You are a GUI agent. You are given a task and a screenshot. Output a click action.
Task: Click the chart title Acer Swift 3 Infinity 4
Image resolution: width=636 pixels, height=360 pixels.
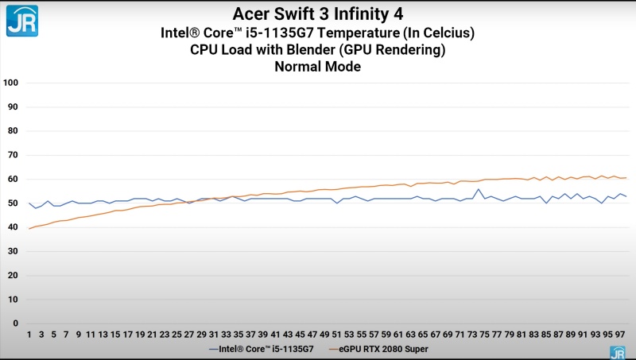pos(317,14)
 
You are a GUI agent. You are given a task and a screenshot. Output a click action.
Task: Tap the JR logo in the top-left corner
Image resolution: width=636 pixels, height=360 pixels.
pos(22,21)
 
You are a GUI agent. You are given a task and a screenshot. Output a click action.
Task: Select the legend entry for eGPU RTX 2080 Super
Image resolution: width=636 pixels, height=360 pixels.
pos(378,349)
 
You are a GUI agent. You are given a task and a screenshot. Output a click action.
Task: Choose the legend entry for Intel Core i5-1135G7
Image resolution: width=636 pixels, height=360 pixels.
pos(262,349)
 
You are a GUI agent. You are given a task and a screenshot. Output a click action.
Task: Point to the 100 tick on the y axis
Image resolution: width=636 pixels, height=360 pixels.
pos(10,83)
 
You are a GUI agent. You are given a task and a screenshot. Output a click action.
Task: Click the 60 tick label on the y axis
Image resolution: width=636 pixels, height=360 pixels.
pos(13,179)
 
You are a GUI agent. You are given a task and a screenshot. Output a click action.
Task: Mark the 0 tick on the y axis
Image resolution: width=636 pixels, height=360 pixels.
pos(16,323)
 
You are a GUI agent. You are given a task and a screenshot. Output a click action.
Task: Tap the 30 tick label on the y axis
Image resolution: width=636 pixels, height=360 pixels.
pos(13,251)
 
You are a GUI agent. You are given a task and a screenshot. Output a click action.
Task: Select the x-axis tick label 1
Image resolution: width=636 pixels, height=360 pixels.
pos(29,335)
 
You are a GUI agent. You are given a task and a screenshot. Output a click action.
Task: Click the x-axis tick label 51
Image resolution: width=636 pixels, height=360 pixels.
pos(336,335)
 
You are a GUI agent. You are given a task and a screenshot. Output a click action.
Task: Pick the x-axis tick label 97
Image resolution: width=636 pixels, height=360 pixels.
pos(620,335)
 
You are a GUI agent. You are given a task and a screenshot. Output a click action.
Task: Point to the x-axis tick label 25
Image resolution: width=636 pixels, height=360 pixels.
pos(176,335)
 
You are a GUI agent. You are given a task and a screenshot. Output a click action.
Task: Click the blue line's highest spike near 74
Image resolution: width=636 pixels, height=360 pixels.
pos(479,189)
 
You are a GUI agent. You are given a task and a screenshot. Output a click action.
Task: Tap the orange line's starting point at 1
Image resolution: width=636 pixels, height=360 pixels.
pos(29,229)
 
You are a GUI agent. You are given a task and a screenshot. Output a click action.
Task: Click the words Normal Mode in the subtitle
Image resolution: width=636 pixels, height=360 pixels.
pos(317,67)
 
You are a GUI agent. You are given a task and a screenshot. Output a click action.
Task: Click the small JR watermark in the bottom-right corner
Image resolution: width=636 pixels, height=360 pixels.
pos(618,353)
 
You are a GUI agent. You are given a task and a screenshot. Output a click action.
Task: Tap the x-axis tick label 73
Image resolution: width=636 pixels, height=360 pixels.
pos(472,335)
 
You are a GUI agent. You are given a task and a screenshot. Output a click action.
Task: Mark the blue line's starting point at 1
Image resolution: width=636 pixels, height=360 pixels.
pos(29,203)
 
